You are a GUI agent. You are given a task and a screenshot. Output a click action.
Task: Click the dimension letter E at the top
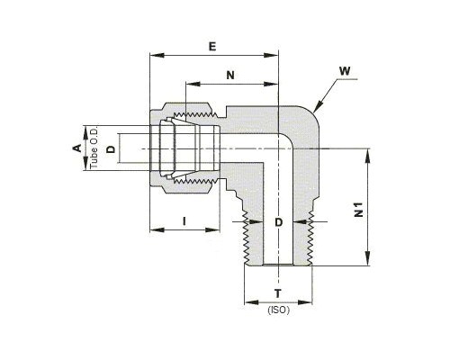[x=212, y=47]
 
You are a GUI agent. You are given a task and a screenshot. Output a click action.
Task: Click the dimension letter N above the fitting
[x=230, y=75]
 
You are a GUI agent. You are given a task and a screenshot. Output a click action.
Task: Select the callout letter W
[x=345, y=71]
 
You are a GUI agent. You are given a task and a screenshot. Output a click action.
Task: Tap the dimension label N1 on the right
[x=359, y=210]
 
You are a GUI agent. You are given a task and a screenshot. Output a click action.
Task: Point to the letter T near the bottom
[x=278, y=293]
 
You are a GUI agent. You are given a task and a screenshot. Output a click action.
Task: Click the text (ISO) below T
[x=279, y=310]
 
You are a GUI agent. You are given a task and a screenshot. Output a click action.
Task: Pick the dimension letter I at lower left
[x=184, y=221]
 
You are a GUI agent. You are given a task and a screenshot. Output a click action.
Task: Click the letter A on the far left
[x=77, y=148]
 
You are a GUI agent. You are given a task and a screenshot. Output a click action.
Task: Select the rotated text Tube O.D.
[x=94, y=148]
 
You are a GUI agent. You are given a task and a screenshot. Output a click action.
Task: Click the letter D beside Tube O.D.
[x=111, y=148]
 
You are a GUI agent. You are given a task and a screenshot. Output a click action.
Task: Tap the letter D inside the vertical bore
[x=279, y=222]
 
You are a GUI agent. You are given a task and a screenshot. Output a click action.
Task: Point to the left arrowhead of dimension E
[x=157, y=55]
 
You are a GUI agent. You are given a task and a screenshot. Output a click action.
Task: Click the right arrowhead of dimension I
[x=212, y=230]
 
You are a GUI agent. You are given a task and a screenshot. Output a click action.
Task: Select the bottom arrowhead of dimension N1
[x=367, y=258]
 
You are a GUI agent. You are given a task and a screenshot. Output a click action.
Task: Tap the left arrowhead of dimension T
[x=252, y=302]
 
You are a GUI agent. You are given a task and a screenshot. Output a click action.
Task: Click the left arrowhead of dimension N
[x=193, y=84]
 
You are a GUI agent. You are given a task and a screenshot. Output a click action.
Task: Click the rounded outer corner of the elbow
[x=312, y=113]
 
